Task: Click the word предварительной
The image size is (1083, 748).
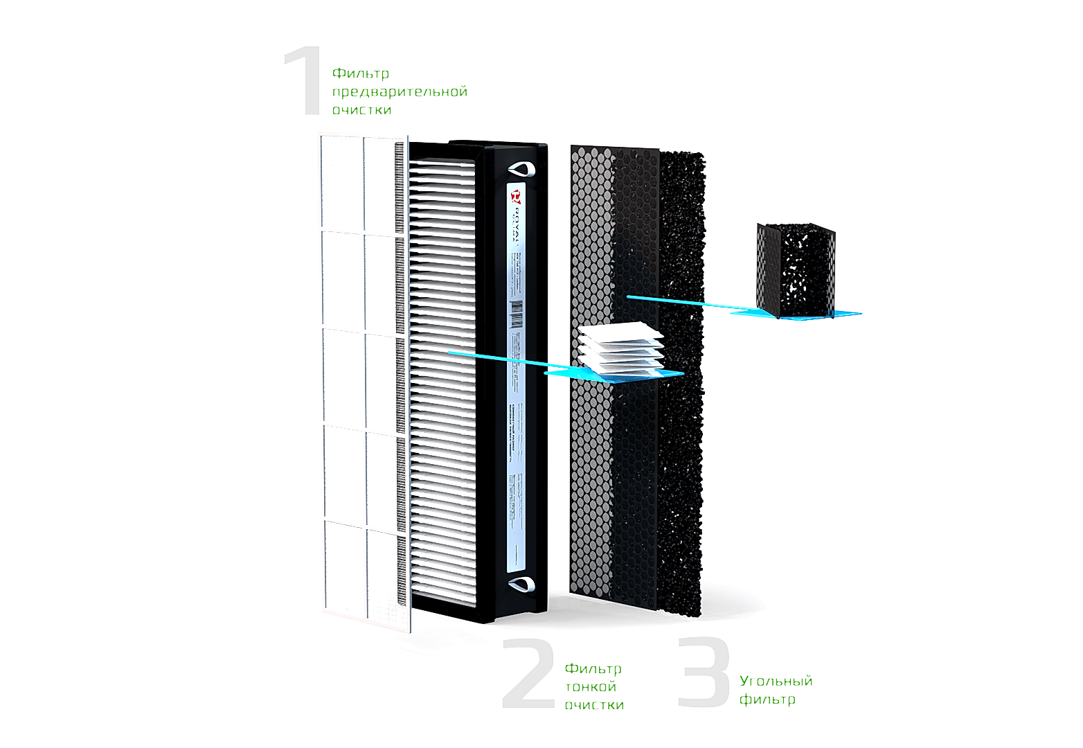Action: pyautogui.click(x=400, y=92)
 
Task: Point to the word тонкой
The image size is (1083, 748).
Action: pyautogui.click(x=591, y=687)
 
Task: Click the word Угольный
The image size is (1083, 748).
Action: pyautogui.click(x=776, y=682)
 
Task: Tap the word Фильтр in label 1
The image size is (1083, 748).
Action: pyautogui.click(x=361, y=73)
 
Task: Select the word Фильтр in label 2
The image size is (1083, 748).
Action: pyautogui.click(x=593, y=669)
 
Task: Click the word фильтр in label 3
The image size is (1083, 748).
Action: pyautogui.click(x=767, y=700)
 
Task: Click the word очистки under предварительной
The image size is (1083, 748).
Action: pyautogui.click(x=361, y=110)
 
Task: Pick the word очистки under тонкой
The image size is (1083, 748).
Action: pyautogui.click(x=594, y=705)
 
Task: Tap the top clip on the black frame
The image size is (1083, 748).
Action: pyautogui.click(x=521, y=168)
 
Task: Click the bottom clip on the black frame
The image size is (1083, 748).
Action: pyautogui.click(x=521, y=585)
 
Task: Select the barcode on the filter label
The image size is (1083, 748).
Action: pyautogui.click(x=516, y=314)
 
